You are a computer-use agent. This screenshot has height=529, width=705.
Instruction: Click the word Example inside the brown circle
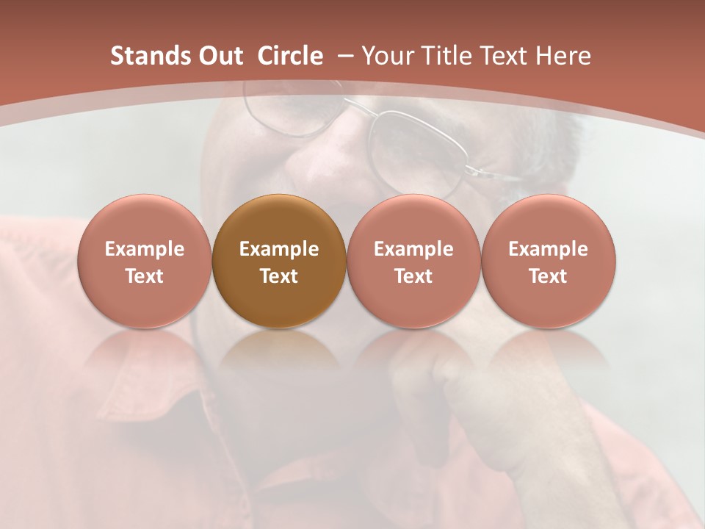279,249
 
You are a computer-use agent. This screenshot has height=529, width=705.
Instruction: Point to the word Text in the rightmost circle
548,276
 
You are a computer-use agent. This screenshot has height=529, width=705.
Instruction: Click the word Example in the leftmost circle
145,249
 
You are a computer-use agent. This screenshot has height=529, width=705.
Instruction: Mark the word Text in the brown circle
279,276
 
